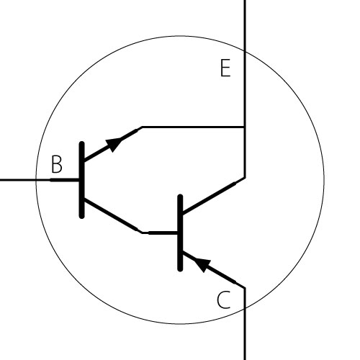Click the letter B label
(x=57, y=164)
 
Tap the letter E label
(x=225, y=68)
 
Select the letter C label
(x=223, y=300)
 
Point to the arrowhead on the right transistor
(x=202, y=264)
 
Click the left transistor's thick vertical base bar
(x=82, y=180)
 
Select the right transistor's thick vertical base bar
(x=180, y=233)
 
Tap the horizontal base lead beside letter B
(x=40, y=180)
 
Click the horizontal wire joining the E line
(x=193, y=127)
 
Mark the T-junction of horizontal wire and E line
(x=245, y=127)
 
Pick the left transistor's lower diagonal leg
(x=111, y=215)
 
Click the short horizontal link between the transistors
(x=160, y=233)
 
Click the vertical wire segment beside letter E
(x=245, y=89)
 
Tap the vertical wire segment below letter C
(x=245, y=323)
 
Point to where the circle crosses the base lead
(x=36, y=180)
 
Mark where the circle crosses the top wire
(x=245, y=51)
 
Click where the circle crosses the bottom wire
(x=245, y=308)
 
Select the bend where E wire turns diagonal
(x=245, y=178)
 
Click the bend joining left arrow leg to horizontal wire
(x=142, y=127)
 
